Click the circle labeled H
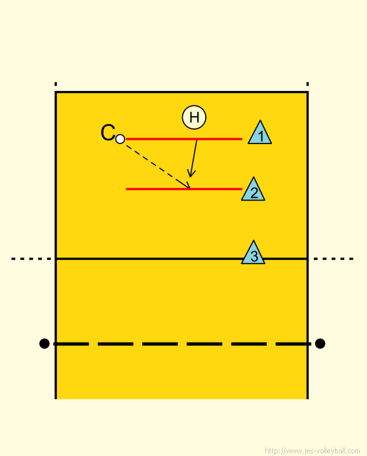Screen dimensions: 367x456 (194, 117)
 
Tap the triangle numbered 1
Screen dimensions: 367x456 (260, 134)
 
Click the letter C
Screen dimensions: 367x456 (107, 132)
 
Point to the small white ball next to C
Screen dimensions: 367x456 (120, 139)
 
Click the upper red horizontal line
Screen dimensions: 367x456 (184, 139)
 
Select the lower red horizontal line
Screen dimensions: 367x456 (184, 189)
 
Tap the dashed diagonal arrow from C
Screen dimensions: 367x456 (158, 166)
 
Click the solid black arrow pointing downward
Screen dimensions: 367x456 (193, 159)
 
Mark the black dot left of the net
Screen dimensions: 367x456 (44, 343)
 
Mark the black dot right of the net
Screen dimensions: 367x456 (320, 343)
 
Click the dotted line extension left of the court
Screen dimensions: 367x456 (31, 259)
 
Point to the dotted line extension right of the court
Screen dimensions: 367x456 (334, 259)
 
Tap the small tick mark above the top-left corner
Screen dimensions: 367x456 (56, 84)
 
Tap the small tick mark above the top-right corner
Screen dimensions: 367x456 (307, 84)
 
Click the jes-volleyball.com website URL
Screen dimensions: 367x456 (313, 451)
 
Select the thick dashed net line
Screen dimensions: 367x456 (182, 344)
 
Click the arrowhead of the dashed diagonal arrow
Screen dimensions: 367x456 (187, 185)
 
